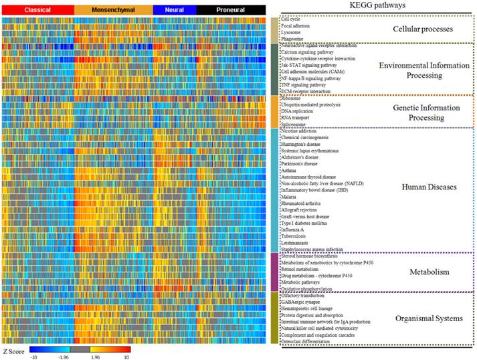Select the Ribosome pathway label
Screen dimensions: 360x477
[x=292, y=98]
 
